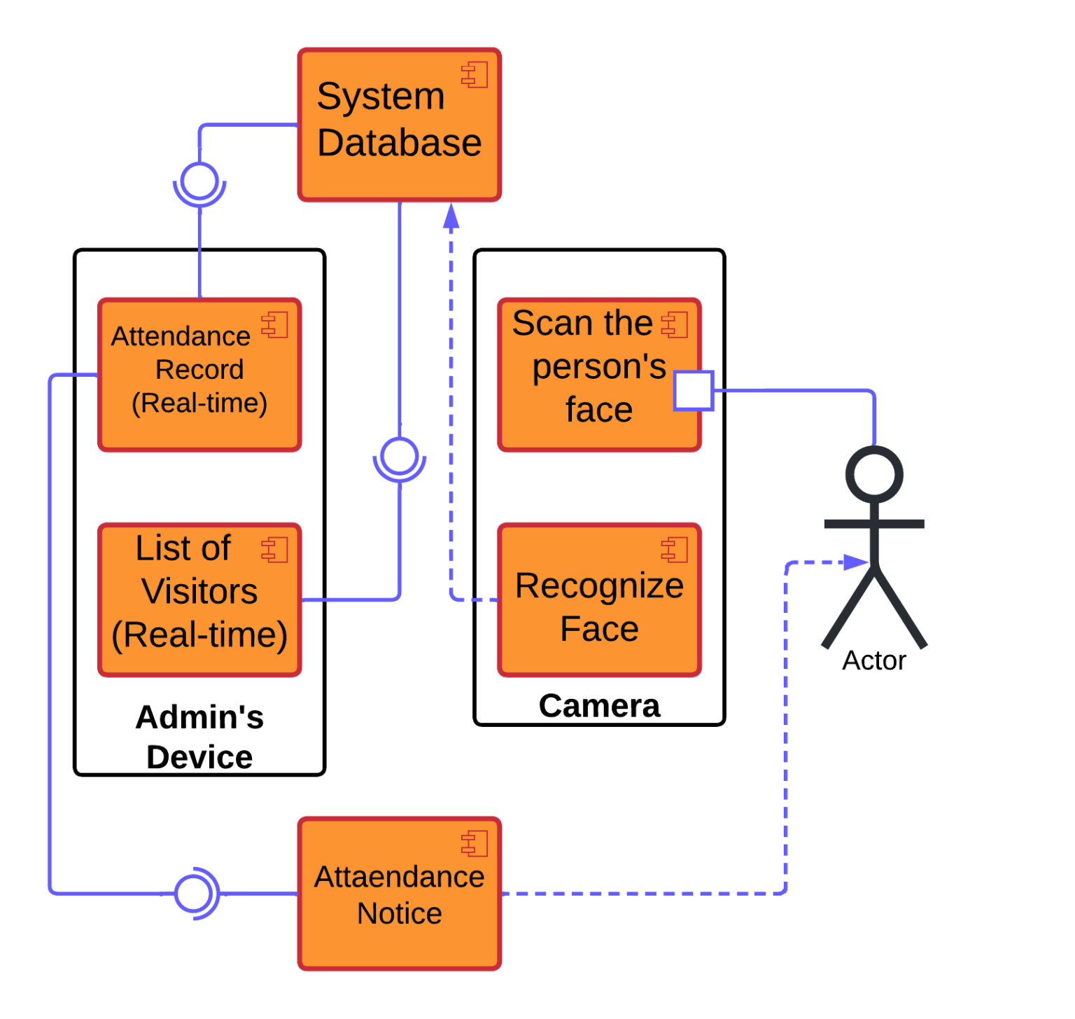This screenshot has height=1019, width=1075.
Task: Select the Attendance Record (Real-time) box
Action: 199,375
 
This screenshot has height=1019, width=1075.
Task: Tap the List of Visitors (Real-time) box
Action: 199,599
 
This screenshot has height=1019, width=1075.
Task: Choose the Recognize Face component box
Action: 599,599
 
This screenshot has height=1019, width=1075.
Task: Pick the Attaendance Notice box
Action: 400,894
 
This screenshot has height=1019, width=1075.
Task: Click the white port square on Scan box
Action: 693,391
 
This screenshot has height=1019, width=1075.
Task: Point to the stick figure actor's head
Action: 874,474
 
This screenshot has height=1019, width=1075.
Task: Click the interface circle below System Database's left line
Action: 199,181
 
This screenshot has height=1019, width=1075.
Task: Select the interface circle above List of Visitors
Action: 400,456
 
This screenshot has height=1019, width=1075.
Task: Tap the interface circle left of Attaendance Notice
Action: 192,894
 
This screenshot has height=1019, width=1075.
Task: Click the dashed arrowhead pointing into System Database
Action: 451,216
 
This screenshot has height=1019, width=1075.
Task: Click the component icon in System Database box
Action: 475,75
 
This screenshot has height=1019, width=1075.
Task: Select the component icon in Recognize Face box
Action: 675,550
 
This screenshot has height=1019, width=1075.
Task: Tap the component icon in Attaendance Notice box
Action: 475,844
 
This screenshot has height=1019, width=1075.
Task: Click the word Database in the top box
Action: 400,143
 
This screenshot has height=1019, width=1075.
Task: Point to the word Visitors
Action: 199,591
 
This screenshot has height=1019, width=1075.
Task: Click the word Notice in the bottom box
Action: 400,913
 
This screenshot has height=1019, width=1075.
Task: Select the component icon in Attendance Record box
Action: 275,325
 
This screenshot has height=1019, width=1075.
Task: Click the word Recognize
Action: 599,585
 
